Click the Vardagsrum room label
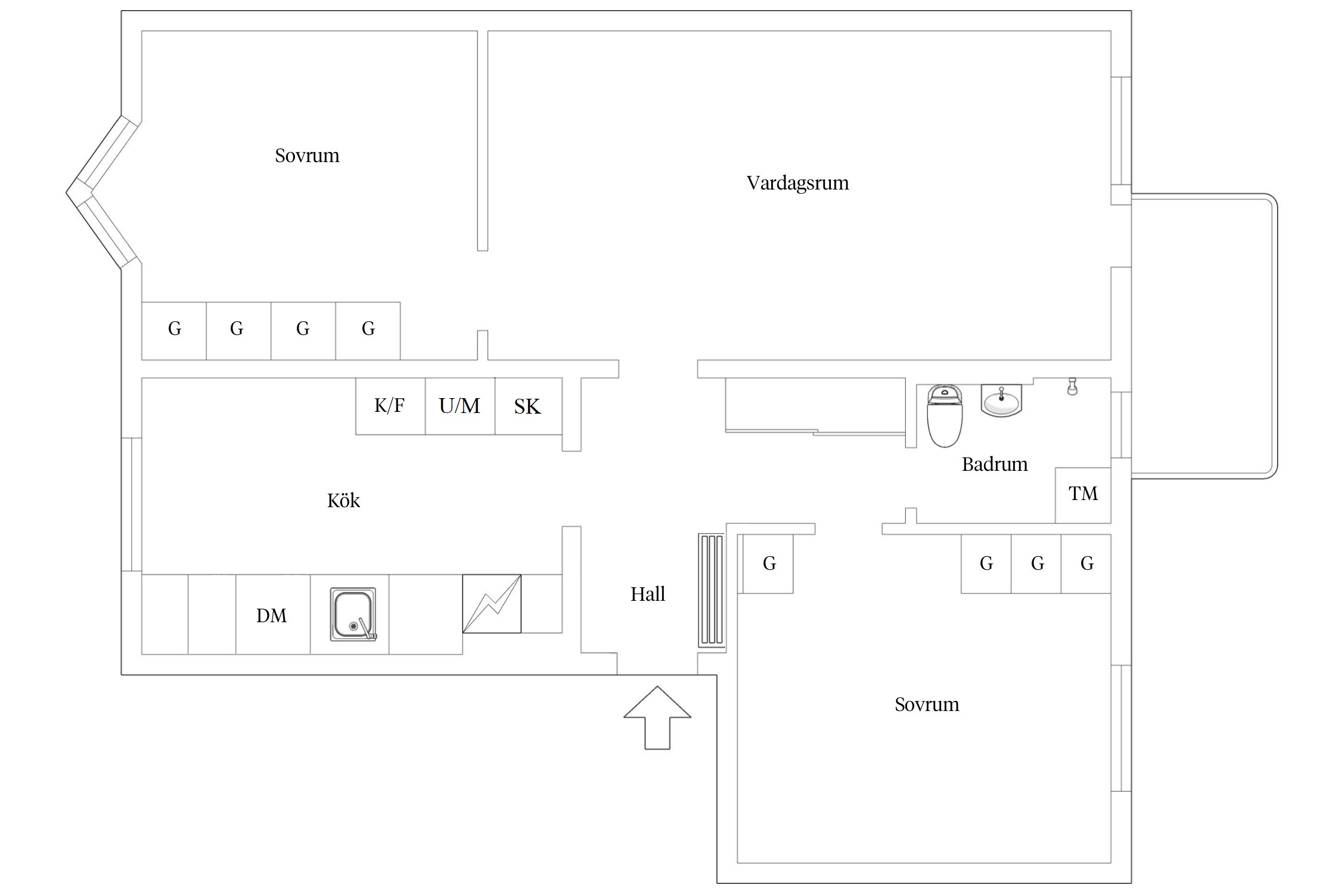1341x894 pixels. click(797, 182)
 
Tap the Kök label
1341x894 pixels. click(343, 500)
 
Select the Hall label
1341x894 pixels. click(648, 594)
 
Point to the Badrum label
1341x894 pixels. click(994, 464)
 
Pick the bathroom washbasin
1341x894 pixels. click(1001, 401)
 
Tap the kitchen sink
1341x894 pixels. click(353, 614)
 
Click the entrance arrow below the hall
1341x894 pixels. click(657, 718)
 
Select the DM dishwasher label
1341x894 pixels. click(272, 615)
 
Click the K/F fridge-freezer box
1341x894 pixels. click(390, 406)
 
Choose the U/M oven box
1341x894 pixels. click(460, 406)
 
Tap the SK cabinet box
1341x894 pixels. click(527, 406)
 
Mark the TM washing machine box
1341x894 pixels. click(1082, 494)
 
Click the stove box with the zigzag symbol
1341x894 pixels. click(492, 603)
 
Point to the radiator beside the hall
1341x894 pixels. click(712, 590)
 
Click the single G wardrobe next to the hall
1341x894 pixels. click(768, 563)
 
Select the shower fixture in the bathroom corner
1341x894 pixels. click(1072, 386)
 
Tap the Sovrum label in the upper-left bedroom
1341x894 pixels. click(307, 156)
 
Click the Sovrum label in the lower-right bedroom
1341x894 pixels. click(926, 704)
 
